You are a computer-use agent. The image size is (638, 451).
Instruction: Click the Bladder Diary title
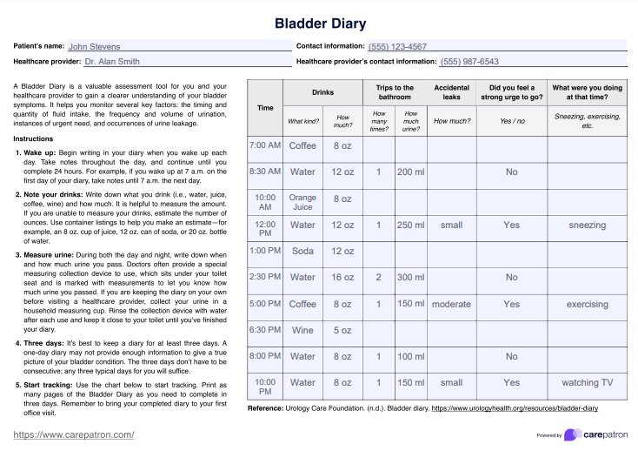click(318, 23)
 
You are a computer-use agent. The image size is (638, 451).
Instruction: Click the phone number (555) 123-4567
click(397, 47)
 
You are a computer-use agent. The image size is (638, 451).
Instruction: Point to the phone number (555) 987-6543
click(469, 63)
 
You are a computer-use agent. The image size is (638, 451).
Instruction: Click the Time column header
click(265, 107)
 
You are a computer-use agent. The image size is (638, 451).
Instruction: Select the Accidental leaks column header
click(451, 92)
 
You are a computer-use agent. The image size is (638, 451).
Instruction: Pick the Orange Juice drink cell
click(302, 203)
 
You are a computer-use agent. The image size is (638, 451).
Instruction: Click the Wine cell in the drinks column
click(302, 330)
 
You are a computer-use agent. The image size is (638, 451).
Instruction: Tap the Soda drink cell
click(302, 252)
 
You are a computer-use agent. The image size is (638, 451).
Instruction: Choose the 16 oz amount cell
click(342, 278)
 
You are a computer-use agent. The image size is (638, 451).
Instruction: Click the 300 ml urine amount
click(410, 278)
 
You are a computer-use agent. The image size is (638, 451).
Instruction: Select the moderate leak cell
click(451, 305)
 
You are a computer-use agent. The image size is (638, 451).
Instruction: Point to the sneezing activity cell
click(587, 225)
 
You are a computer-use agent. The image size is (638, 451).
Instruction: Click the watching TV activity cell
click(587, 382)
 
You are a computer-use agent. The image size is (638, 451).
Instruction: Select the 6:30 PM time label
click(265, 330)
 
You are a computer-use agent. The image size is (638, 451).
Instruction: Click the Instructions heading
click(34, 139)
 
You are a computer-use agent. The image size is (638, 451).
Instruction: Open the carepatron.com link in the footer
click(74, 434)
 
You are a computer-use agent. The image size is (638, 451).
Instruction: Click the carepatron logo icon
click(571, 434)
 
